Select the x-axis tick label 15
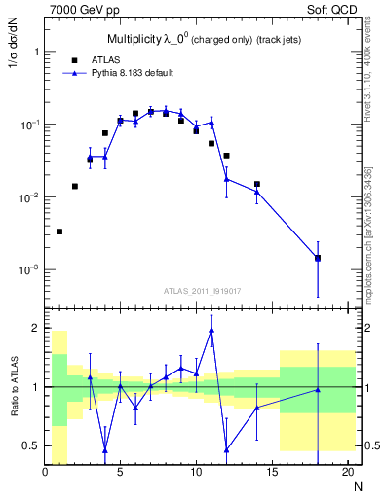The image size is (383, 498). point(271,473)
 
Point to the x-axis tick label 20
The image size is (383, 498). point(346,473)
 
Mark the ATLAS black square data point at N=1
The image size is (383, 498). point(59,231)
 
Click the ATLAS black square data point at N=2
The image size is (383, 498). point(75,186)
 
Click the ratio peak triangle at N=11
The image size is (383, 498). point(211,330)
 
